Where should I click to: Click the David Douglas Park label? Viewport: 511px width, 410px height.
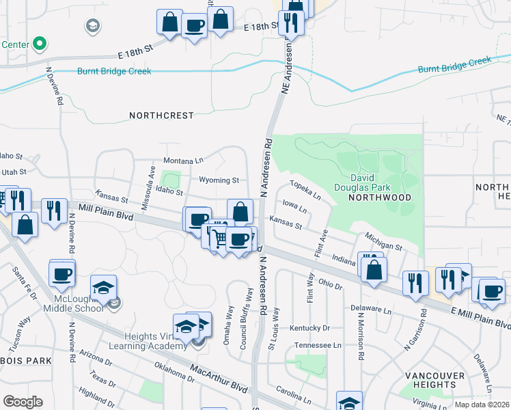point(362,180)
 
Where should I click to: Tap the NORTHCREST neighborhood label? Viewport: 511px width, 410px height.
point(161,116)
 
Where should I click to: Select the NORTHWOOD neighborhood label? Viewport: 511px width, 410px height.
point(380,197)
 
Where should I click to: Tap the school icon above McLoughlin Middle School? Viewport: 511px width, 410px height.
point(103,288)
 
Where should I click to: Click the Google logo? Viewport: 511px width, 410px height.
point(23,401)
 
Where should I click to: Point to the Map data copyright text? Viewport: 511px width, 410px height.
point(482,405)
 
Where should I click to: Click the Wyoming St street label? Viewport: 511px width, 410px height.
point(219,180)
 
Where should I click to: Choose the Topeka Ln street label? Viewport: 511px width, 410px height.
point(305,190)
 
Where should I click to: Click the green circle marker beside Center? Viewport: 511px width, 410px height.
point(40,44)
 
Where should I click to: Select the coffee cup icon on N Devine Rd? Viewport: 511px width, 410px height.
point(62,273)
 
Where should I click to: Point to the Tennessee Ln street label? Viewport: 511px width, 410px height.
point(318,346)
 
